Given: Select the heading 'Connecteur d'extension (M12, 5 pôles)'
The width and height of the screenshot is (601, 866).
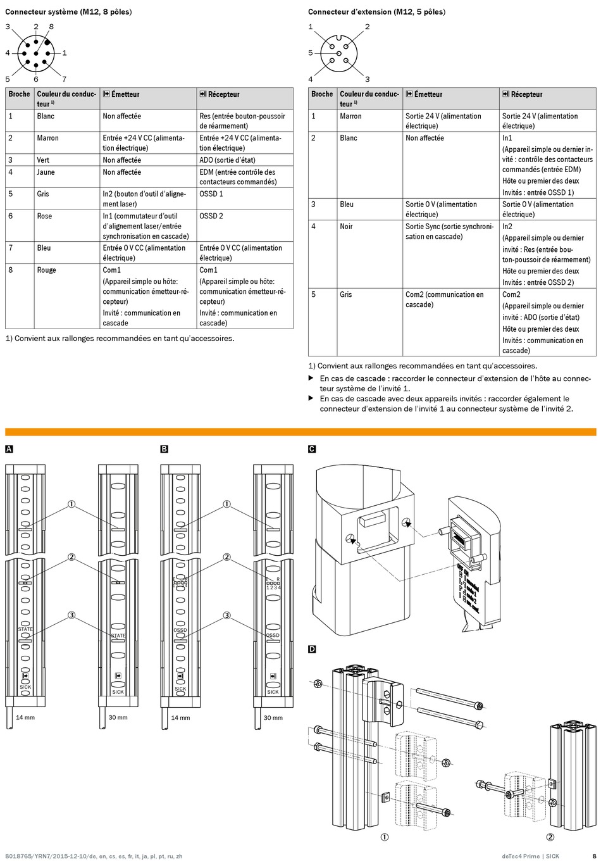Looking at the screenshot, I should pyautogui.click(x=376, y=11).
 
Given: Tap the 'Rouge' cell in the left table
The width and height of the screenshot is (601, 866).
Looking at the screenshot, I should pyautogui.click(x=46, y=270).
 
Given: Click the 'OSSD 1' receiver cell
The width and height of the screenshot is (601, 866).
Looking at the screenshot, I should pyautogui.click(x=211, y=194).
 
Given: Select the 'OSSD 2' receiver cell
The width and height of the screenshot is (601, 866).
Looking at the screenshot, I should pyautogui.click(x=211, y=216).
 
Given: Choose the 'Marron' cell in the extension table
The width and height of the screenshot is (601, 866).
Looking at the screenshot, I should pyautogui.click(x=350, y=116).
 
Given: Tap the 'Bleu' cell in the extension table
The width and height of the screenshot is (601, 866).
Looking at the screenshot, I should pyautogui.click(x=347, y=204).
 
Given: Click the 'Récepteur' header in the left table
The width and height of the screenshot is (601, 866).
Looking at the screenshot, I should pyautogui.click(x=223, y=94).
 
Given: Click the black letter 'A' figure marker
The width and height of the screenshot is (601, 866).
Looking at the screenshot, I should pyautogui.click(x=9, y=449).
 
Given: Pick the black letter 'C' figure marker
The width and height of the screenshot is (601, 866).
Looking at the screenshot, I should pyautogui.click(x=312, y=449).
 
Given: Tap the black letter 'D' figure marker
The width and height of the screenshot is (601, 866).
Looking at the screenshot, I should pyautogui.click(x=312, y=649).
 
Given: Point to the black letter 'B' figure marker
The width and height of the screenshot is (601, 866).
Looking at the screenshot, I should pyautogui.click(x=164, y=449).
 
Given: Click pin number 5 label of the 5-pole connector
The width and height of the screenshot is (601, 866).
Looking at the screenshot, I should pyautogui.click(x=311, y=53).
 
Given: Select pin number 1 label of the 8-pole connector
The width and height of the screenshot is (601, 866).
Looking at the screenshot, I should pyautogui.click(x=65, y=53).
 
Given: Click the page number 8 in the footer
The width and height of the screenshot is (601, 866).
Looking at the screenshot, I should pyautogui.click(x=593, y=857).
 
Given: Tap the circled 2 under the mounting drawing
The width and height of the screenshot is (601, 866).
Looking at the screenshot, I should pyautogui.click(x=550, y=837).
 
